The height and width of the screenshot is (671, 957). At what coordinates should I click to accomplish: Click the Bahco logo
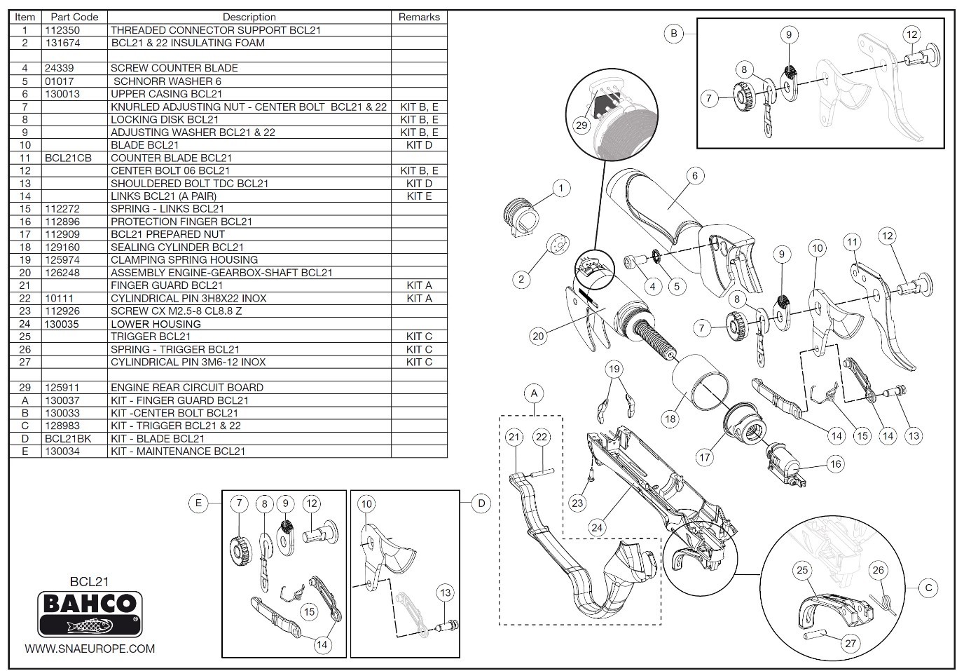pos(90,613)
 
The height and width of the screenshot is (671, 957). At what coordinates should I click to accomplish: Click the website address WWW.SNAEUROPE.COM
pos(90,649)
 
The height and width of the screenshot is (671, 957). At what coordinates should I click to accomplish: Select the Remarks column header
pos(419,17)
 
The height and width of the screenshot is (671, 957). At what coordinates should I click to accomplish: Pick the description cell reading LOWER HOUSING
pos(156,324)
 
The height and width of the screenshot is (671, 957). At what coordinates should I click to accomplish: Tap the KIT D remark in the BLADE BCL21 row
pos(419,145)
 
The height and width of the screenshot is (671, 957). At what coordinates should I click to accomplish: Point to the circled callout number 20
pos(538,336)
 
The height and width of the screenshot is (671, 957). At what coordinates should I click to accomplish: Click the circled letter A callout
pos(534,393)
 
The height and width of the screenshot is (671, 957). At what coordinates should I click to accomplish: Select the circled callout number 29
pos(581,126)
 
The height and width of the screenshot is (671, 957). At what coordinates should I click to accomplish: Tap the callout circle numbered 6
pos(694,175)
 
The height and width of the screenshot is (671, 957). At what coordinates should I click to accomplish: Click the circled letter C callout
pos(928,587)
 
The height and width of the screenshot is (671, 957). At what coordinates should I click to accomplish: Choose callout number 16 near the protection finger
pos(835,463)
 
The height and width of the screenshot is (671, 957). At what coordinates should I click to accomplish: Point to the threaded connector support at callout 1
pos(521,211)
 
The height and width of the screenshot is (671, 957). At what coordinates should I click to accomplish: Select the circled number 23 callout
pos(577,503)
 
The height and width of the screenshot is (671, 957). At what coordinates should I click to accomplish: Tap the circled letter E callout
pos(199,503)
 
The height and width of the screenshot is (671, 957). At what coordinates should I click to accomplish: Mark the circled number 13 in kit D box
pos(446,593)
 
